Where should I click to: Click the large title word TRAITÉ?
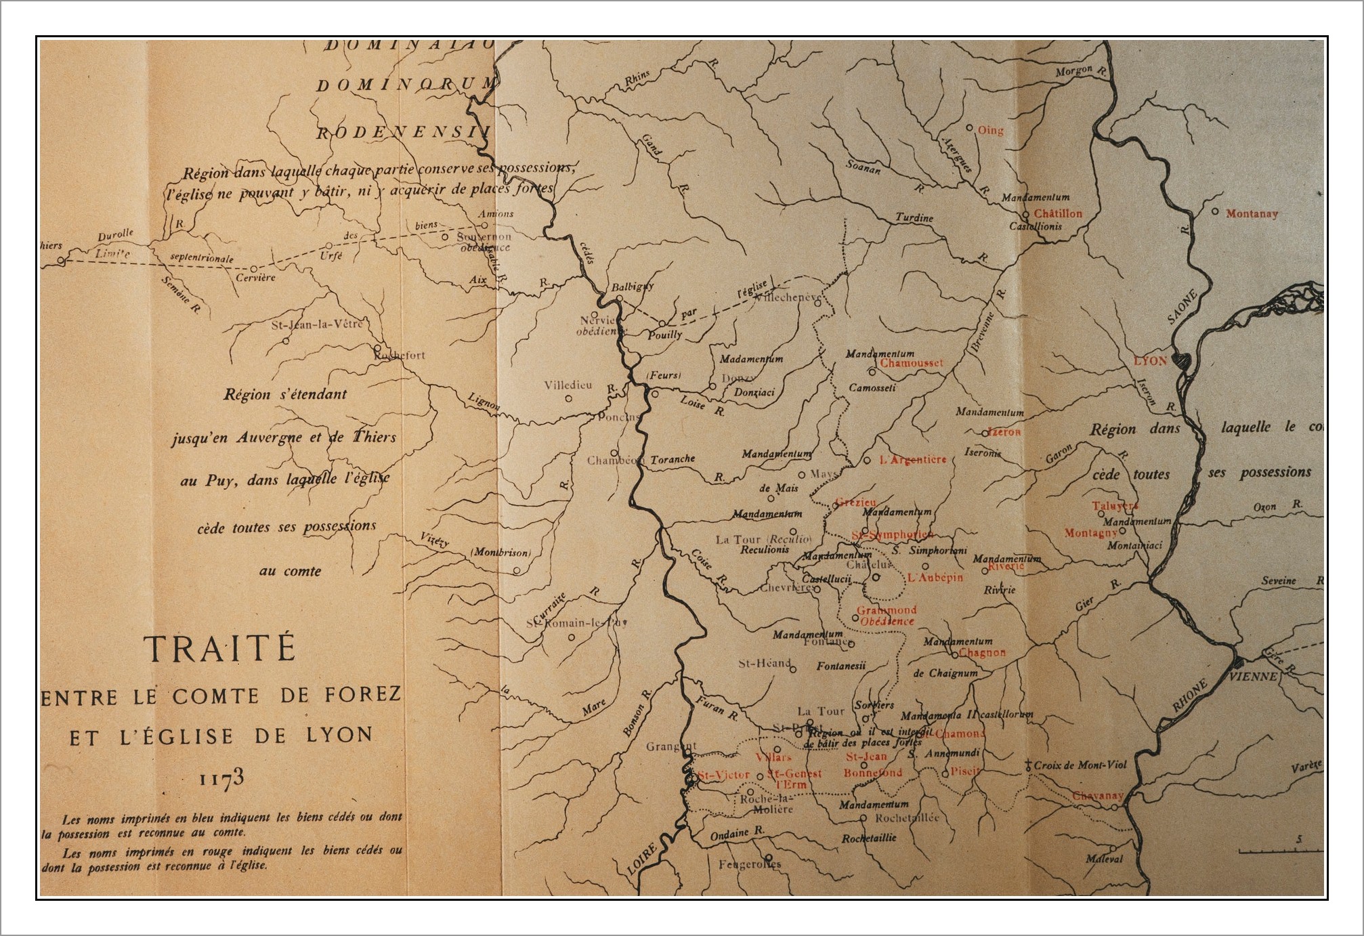(220, 649)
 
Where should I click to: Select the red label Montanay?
(1252, 213)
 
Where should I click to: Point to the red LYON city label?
(1151, 360)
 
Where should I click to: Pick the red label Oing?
(990, 130)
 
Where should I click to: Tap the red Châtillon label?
(1058, 213)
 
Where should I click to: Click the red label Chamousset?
(911, 363)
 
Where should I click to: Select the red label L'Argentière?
(912, 460)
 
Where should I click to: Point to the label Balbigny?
(633, 286)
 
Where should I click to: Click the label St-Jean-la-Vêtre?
(317, 324)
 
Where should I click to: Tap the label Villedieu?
(568, 385)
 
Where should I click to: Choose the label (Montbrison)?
(500, 553)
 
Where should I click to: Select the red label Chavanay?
(1097, 796)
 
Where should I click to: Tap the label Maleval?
(1104, 859)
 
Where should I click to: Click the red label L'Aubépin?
(935, 578)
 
